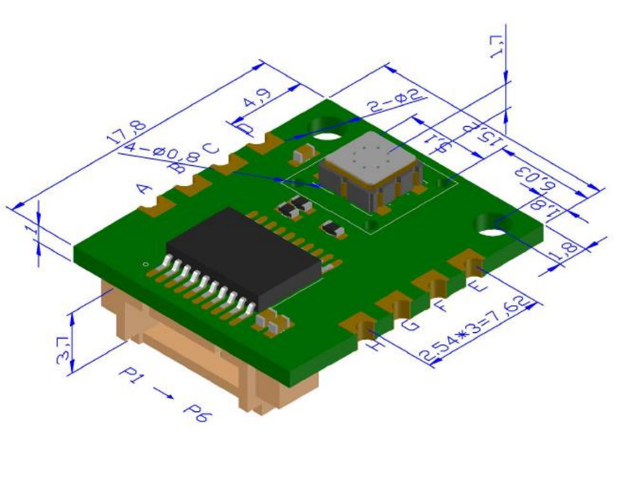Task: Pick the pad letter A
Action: [x=144, y=189]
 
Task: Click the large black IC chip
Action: [x=239, y=255]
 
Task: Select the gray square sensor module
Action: [x=368, y=169]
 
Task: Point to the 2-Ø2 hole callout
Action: [x=393, y=101]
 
